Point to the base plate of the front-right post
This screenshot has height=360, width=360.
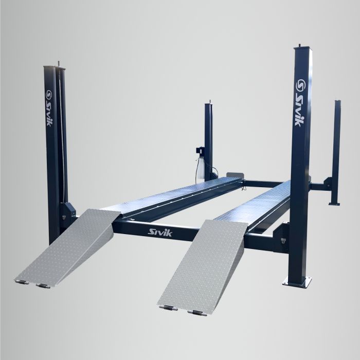(x=297, y=280)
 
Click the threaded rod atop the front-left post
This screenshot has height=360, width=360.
(x=58, y=64)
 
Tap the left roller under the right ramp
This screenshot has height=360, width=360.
(x=168, y=308)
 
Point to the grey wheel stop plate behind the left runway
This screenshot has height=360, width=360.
(x=234, y=175)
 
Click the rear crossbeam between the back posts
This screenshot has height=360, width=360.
(x=267, y=183)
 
